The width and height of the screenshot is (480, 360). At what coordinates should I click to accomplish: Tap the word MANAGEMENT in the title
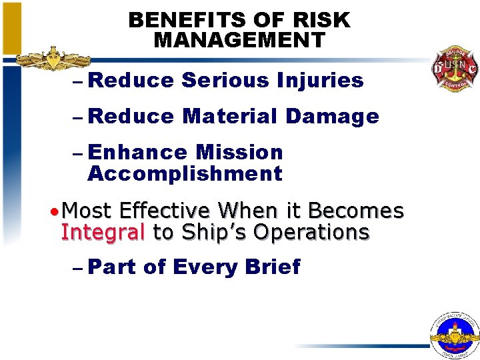click(239, 40)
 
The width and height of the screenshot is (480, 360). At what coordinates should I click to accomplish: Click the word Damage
click(333, 117)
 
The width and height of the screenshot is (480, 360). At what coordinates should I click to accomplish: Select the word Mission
click(239, 153)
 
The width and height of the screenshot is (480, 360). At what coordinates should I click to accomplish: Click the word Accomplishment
click(185, 175)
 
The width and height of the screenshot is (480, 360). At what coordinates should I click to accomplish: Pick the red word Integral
click(103, 233)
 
